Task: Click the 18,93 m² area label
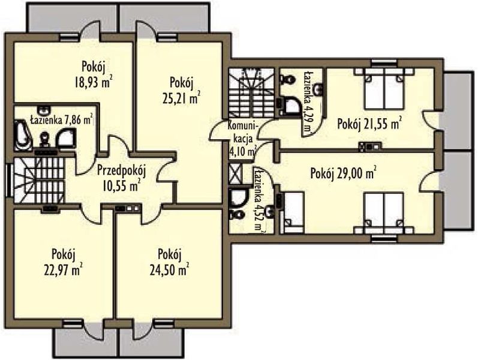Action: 93,82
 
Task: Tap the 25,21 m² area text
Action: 182,98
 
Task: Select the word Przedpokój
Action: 122,172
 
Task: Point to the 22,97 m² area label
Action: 63,270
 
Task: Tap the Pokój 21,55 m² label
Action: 369,124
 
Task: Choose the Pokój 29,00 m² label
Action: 342,174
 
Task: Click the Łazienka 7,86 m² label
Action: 61,120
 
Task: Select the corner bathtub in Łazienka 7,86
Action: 23,135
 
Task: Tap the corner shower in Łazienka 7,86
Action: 65,138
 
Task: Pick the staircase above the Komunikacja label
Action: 252,93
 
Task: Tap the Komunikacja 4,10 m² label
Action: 243,139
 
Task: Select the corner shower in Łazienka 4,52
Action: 236,197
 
